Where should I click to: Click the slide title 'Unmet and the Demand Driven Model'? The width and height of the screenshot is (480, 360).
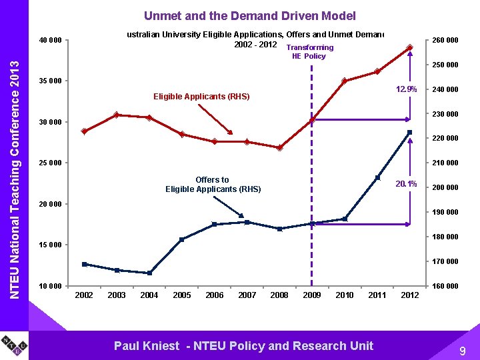[250, 15]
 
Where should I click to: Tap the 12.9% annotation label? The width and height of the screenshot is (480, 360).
[405, 89]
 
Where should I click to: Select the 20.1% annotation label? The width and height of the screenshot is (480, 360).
[405, 184]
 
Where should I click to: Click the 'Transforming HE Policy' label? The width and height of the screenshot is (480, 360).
[309, 52]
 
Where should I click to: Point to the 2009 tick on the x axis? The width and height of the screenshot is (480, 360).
[311, 295]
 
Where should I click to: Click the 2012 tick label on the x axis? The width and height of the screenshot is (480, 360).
[409, 295]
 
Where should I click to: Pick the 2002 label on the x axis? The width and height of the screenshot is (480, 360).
[84, 295]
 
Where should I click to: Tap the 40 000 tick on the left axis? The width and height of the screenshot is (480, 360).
[50, 41]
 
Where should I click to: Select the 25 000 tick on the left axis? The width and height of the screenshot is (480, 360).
[50, 163]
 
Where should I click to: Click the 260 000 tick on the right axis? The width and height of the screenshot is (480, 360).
[445, 41]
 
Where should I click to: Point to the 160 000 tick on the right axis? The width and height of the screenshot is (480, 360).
[445, 287]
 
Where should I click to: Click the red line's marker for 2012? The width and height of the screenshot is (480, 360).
[410, 47]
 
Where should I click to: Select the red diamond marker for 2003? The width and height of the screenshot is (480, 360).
[117, 115]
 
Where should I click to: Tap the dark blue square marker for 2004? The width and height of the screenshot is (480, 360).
[149, 273]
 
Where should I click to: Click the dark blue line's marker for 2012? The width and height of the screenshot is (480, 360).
[410, 132]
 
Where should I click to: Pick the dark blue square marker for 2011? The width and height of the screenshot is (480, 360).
[377, 177]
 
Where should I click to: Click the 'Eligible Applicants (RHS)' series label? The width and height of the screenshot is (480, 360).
[201, 97]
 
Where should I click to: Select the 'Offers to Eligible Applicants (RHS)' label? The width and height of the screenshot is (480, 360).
[213, 185]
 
